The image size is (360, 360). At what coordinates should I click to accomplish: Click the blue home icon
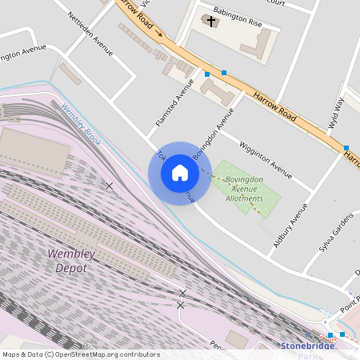180,173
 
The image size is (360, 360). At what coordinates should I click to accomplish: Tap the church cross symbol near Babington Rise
211,21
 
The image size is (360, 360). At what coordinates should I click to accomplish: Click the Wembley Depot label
71,261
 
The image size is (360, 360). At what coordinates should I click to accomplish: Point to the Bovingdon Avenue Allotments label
244,189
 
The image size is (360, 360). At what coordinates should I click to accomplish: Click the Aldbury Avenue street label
291,225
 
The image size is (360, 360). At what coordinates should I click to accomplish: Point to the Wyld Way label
335,113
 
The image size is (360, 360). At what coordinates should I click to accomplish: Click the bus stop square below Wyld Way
346,148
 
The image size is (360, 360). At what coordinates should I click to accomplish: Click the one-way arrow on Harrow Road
158,34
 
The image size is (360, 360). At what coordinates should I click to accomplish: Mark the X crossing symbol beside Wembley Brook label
109,186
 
